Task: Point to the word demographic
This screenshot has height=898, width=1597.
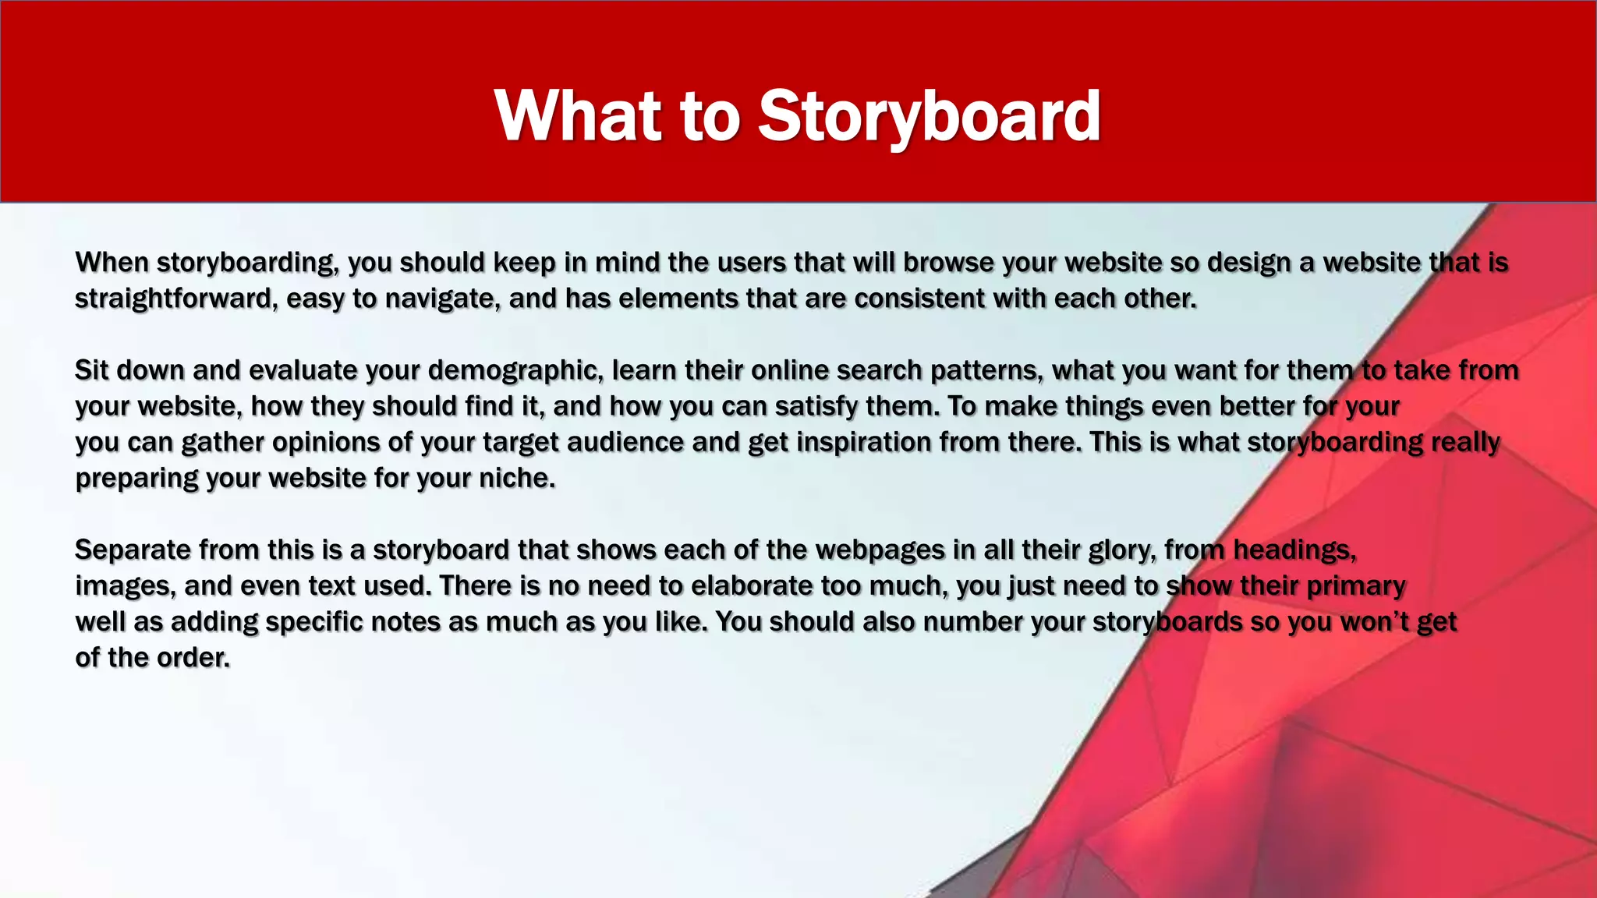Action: click(515, 370)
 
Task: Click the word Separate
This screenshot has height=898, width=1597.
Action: click(133, 550)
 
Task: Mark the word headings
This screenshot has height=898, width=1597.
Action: click(1294, 550)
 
